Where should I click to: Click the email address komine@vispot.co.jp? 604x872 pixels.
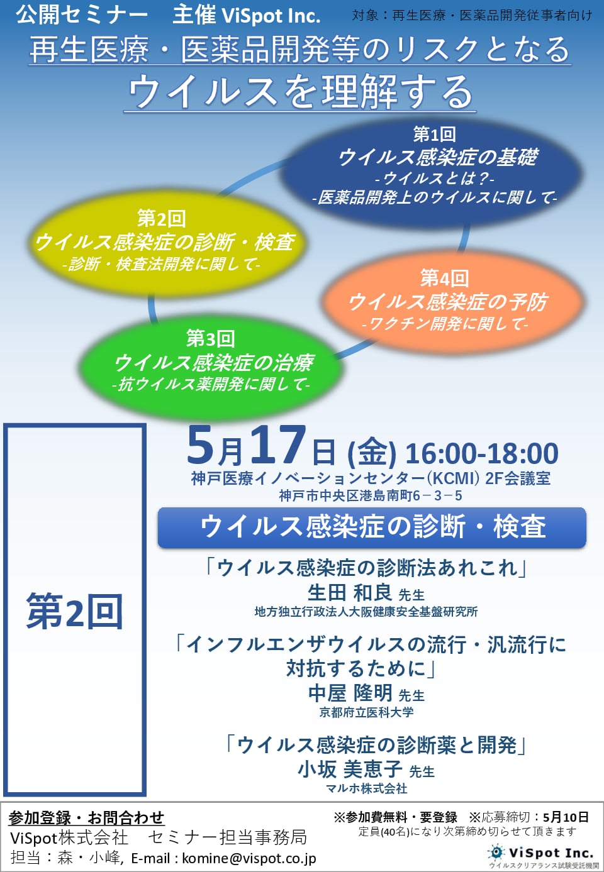coord(249,858)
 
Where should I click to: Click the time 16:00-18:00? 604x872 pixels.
coord(482,453)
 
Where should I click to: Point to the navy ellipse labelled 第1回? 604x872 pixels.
coord(432,174)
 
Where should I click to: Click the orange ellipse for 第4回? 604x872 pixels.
coord(452,302)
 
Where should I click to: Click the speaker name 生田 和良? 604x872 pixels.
coord(350,593)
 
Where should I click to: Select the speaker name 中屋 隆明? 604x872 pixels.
coord(350,693)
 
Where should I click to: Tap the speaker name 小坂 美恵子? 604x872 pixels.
coord(350,769)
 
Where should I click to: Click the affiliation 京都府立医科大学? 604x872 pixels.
coord(366,712)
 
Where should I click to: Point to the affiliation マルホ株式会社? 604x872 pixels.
coord(366,788)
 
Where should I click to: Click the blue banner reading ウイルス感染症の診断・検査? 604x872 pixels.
coord(372,527)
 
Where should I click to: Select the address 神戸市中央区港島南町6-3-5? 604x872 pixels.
coord(371,495)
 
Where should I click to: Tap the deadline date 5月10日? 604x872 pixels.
coord(566,817)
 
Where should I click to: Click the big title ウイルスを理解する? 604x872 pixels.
coord(300,92)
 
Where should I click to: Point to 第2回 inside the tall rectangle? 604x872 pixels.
coord(74,611)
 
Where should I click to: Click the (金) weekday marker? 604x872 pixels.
coord(371,453)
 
